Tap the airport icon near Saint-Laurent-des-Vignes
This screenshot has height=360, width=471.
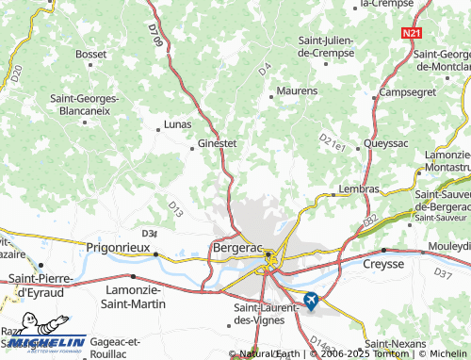[x=311, y=301]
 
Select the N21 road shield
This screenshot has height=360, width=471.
[x=411, y=33]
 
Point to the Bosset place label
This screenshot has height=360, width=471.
[x=91, y=55]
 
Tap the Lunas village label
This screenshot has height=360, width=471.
[x=177, y=123]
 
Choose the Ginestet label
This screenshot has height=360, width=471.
[x=217, y=144]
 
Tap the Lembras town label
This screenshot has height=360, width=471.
[x=358, y=188]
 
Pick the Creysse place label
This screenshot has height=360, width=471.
[x=383, y=264]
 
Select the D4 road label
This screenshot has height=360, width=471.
[x=265, y=68]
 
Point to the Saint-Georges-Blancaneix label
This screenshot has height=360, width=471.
[x=84, y=104]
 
